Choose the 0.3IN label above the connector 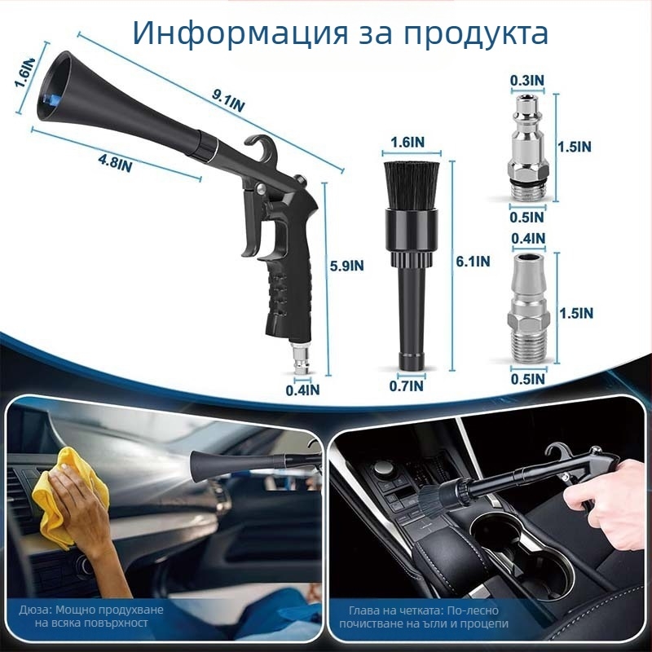click(x=526, y=81)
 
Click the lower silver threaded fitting click(x=526, y=310)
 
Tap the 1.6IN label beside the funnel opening click(x=23, y=81)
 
